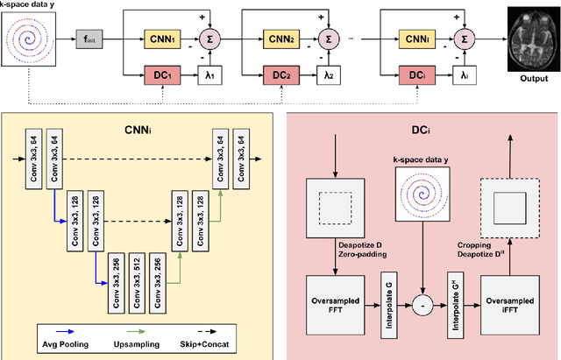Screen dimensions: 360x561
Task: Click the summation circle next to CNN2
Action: [323, 39]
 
